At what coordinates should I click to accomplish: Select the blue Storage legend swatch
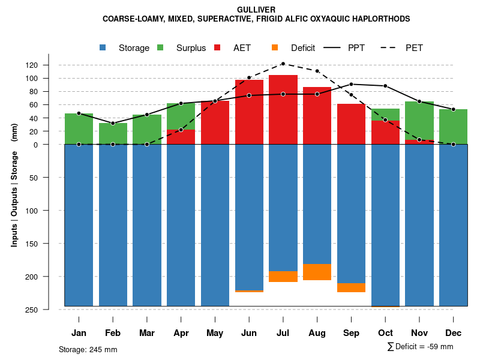click(x=103, y=48)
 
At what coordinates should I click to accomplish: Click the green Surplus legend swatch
click(x=160, y=48)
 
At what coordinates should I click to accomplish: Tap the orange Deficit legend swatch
click(x=275, y=48)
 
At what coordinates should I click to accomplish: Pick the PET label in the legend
click(x=414, y=48)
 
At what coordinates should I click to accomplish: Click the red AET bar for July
click(x=283, y=108)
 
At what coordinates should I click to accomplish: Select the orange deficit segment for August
click(x=317, y=272)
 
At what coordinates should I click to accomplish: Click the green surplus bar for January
click(x=79, y=128)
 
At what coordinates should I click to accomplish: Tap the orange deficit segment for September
click(x=352, y=287)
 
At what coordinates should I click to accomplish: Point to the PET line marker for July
click(x=283, y=64)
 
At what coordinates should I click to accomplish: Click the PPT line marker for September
click(x=352, y=84)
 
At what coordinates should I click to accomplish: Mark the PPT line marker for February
click(x=113, y=123)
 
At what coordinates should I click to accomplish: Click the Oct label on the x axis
click(x=385, y=333)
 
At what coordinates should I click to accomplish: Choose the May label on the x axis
click(x=215, y=333)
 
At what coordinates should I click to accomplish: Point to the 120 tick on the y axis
click(x=49, y=65)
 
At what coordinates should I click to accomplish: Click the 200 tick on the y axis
click(x=49, y=277)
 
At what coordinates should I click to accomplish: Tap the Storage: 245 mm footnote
click(x=88, y=349)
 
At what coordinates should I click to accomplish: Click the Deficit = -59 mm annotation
click(x=421, y=346)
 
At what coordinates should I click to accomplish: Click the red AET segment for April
click(x=181, y=137)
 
